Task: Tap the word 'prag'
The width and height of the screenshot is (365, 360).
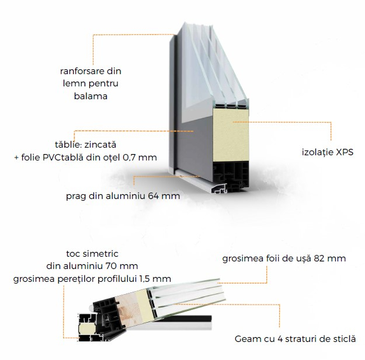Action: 77,195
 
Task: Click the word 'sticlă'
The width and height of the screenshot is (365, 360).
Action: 342,338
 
